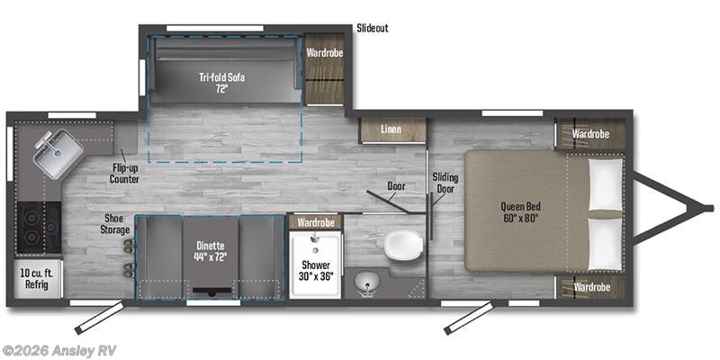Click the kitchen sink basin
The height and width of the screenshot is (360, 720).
(x=58, y=154)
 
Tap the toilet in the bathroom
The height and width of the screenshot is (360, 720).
(x=403, y=244)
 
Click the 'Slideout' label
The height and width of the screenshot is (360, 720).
(x=373, y=28)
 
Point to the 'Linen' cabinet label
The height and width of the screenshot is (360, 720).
(x=391, y=130)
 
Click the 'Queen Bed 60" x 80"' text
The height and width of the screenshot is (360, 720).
(x=519, y=212)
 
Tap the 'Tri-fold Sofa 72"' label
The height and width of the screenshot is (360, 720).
(x=221, y=83)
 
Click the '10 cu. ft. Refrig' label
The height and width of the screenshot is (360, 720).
(x=36, y=279)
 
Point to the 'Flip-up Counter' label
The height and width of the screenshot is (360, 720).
(x=124, y=174)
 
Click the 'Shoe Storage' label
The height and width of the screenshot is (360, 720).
(x=115, y=224)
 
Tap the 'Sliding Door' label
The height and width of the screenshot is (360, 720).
(x=445, y=183)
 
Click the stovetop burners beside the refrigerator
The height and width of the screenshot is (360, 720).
(x=39, y=228)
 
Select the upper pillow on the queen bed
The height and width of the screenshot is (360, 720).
(x=605, y=184)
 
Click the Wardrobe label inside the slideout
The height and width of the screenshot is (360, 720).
(x=325, y=53)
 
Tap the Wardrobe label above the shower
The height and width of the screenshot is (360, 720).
(x=316, y=222)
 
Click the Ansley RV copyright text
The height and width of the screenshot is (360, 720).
(x=58, y=351)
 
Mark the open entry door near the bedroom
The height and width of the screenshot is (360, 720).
(x=468, y=318)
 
